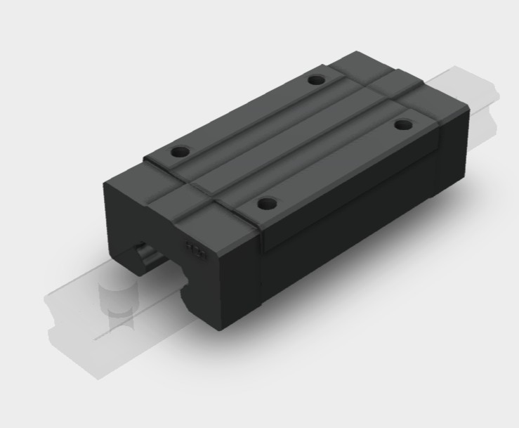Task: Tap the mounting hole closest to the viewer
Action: click(x=265, y=205)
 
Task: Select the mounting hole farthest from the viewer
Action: click(x=317, y=80)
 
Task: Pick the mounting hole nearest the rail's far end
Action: click(x=403, y=125)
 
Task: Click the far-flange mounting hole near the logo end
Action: click(x=181, y=151)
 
